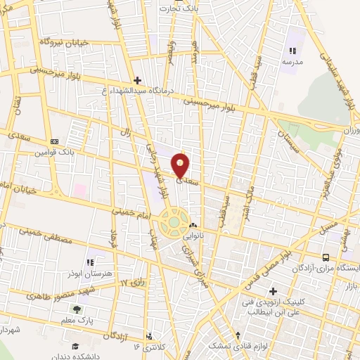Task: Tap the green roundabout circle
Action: tap(174, 222)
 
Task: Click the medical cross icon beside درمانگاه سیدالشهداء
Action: tap(137, 80)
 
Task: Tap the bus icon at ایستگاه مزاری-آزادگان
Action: tap(326, 258)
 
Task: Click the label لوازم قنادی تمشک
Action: tap(238, 347)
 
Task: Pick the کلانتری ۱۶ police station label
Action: tap(146, 347)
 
